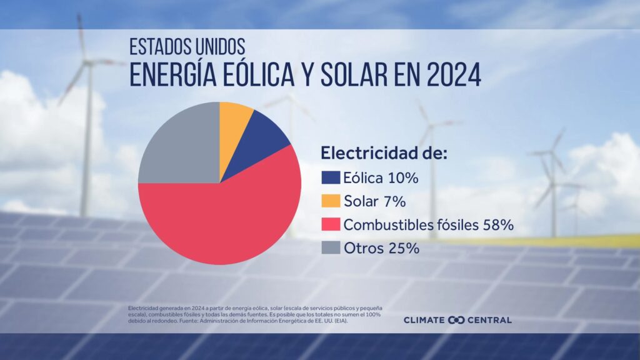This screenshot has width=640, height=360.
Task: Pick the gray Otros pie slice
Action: [181, 147]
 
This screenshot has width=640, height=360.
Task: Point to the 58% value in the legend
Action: [498, 224]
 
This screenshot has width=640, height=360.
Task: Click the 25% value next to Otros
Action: [403, 247]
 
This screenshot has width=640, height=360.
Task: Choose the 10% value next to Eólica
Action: [402, 178]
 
